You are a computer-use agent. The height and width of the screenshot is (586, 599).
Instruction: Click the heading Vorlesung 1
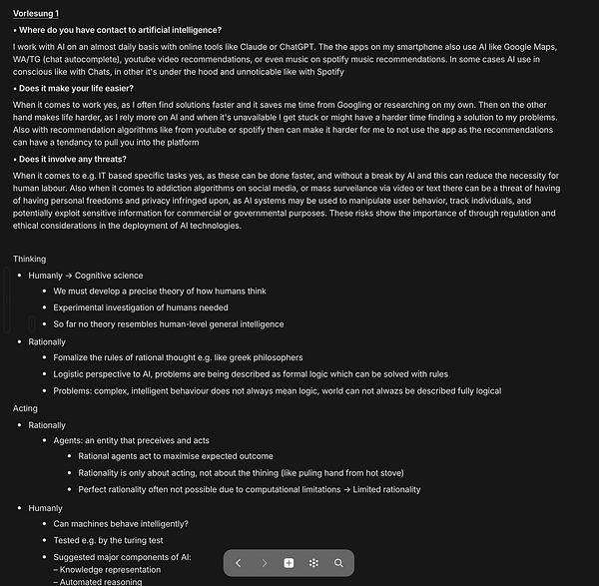(x=36, y=13)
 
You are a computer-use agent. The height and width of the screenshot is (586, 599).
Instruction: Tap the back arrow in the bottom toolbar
(x=238, y=563)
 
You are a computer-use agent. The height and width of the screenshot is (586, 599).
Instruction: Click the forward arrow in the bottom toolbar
(x=264, y=563)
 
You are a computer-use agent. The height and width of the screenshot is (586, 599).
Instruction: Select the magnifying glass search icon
(x=338, y=563)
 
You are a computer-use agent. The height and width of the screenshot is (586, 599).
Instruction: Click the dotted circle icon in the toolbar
(x=313, y=563)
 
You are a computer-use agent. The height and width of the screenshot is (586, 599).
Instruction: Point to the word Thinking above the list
(x=29, y=259)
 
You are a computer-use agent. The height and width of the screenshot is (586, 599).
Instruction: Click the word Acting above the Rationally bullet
(x=25, y=408)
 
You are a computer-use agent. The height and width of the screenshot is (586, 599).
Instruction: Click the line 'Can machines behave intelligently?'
(x=121, y=523)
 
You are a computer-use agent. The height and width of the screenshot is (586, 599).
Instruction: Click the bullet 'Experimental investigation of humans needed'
(x=141, y=307)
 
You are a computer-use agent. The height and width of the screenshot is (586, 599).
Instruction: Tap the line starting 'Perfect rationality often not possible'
(x=250, y=489)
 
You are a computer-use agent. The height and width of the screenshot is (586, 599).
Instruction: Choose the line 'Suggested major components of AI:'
(x=122, y=556)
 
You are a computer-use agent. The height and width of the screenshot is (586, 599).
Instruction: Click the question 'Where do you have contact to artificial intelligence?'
(x=120, y=30)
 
